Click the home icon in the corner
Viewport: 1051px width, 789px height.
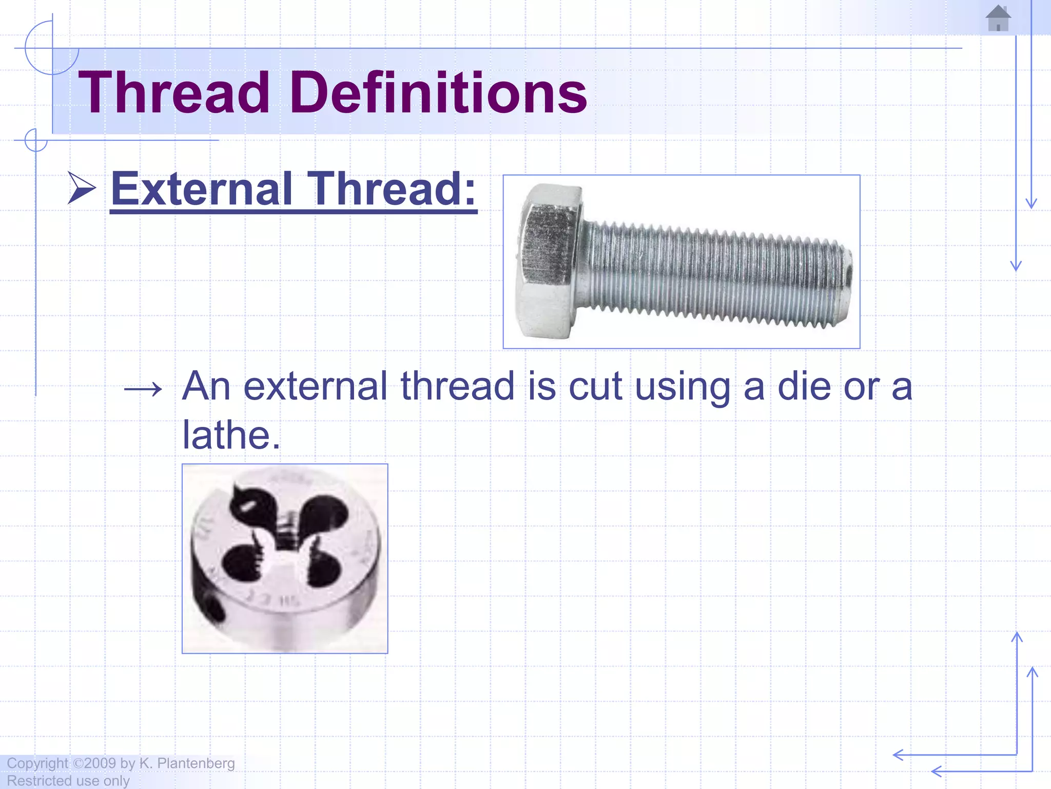[x=998, y=18]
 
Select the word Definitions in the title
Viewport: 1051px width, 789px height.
[x=439, y=93]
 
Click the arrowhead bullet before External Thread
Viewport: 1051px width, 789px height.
[x=82, y=188]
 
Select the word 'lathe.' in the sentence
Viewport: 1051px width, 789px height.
[x=231, y=435]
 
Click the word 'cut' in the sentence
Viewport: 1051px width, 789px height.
[x=595, y=386]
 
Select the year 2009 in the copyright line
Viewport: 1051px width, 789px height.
[x=100, y=763]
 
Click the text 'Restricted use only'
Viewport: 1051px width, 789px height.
[x=68, y=781]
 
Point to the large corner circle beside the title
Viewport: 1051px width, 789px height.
[x=51, y=48]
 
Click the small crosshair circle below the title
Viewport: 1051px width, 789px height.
[x=36, y=140]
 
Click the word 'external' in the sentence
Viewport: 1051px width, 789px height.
[x=315, y=386]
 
